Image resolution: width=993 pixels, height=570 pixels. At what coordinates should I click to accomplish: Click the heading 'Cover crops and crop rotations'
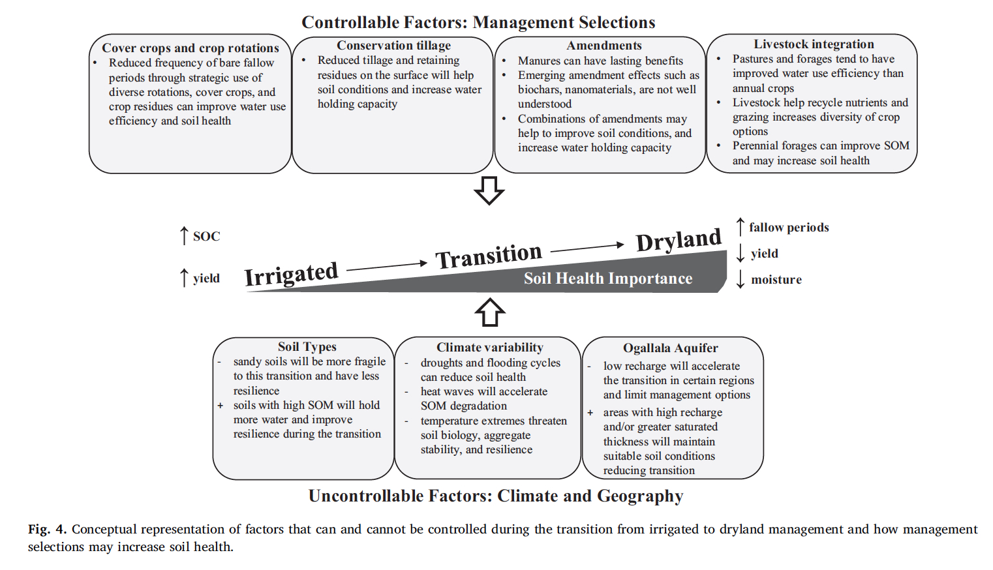pyautogui.click(x=190, y=48)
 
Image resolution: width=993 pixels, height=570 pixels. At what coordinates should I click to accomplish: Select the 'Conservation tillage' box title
pyautogui.click(x=393, y=45)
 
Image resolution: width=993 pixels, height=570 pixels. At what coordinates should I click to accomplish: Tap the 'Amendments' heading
pyautogui.click(x=603, y=45)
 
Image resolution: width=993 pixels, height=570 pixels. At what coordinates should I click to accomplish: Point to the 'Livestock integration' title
pyautogui.click(x=814, y=44)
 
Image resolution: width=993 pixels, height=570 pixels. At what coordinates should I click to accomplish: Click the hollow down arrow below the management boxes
pyautogui.click(x=489, y=191)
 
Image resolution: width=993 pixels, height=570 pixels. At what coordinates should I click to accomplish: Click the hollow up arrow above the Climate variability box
pyautogui.click(x=490, y=312)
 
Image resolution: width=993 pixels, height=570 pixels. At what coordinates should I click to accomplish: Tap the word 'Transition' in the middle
pyautogui.click(x=489, y=256)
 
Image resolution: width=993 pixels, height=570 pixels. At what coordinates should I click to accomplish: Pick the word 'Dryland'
pyautogui.click(x=679, y=240)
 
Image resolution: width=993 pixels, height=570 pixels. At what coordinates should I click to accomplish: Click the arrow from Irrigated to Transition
pyautogui.click(x=386, y=266)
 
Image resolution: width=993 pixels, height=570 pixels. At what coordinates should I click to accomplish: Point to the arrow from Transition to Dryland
pyautogui.click(x=587, y=248)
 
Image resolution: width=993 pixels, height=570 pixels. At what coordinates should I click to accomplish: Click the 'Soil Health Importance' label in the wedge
pyautogui.click(x=608, y=278)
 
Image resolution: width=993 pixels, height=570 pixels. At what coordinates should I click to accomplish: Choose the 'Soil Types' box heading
pyautogui.click(x=307, y=346)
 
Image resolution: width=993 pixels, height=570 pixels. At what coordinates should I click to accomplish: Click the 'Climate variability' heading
pyautogui.click(x=490, y=347)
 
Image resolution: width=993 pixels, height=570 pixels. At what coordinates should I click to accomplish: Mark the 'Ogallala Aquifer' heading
pyautogui.click(x=670, y=348)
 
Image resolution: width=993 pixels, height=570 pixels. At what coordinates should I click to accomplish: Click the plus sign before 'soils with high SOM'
pyautogui.click(x=221, y=405)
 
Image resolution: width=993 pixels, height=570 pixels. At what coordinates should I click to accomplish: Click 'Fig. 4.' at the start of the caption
pyautogui.click(x=48, y=529)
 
